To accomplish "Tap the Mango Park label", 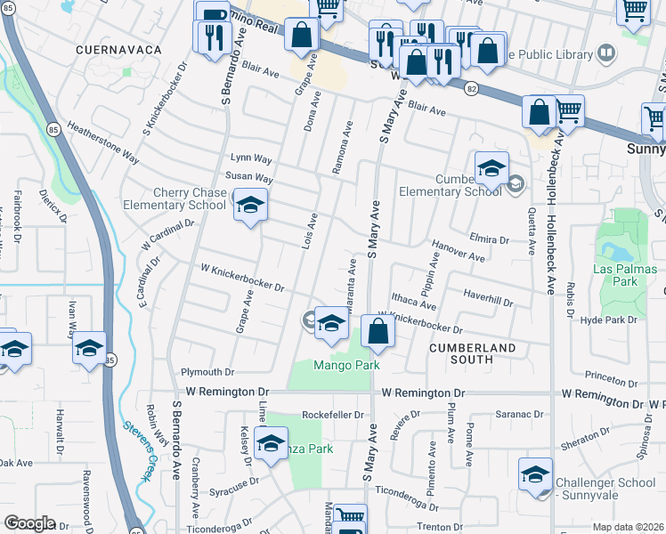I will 346,365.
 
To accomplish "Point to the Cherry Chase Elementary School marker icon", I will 250,207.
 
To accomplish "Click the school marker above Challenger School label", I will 535,474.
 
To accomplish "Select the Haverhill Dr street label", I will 488,297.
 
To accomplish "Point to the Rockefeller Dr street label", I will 334,415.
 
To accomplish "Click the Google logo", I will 29,523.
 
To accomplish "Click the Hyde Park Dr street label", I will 610,319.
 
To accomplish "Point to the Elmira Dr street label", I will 490,239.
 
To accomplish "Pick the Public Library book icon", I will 605,53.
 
